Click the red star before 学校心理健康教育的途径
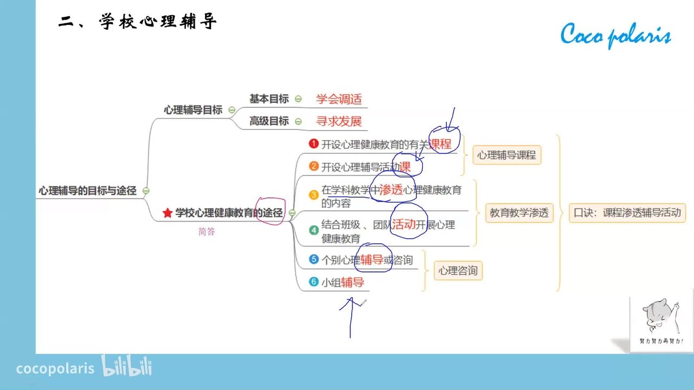[168, 213]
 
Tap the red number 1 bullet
[313, 144]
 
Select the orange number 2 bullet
[313, 166]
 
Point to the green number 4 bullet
[313, 230]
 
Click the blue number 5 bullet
[313, 259]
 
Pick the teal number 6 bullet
[313, 282]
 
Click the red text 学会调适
[339, 99]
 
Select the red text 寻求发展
[339, 121]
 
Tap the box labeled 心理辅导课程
[507, 155]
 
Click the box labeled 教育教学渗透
[519, 213]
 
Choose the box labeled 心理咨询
[458, 270]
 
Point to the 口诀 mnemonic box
[627, 213]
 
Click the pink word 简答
[207, 231]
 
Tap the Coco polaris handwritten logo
[615, 35]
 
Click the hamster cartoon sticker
[661, 321]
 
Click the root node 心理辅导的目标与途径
[87, 191]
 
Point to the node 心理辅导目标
[193, 110]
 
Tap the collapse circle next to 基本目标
[298, 99]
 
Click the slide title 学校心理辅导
[138, 21]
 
